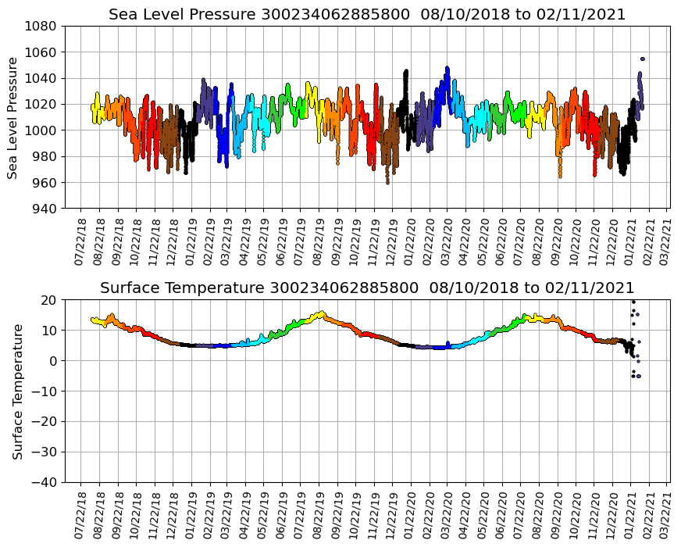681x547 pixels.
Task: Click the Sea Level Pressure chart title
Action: coord(367,14)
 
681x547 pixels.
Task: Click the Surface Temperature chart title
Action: coord(367,288)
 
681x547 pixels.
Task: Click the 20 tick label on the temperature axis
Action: coord(48,300)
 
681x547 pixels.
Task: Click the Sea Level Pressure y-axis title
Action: coord(12,117)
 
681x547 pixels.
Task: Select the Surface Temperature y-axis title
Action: coord(16,391)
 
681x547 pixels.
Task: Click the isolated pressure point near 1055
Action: coord(642,59)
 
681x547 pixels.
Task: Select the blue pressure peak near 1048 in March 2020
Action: coord(447,68)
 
